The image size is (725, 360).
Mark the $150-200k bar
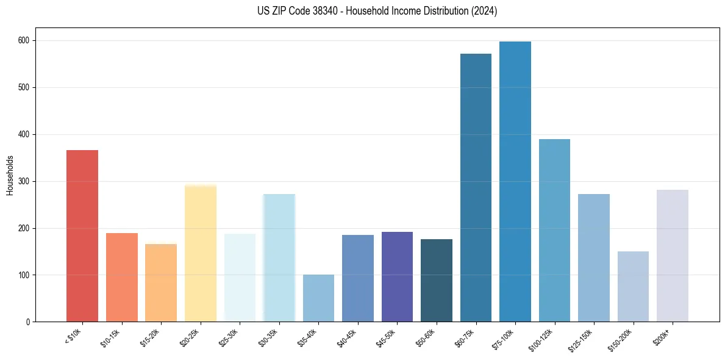tap(633, 286)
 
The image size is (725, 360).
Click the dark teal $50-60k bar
tap(437, 280)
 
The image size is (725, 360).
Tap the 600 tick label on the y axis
tap(26, 40)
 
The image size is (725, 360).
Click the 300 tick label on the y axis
tap(26, 181)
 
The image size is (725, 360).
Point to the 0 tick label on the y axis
tap(29, 322)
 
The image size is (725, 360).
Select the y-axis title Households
tap(10, 175)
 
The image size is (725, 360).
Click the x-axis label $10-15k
tap(110, 337)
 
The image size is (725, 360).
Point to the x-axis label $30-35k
tap(268, 337)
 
